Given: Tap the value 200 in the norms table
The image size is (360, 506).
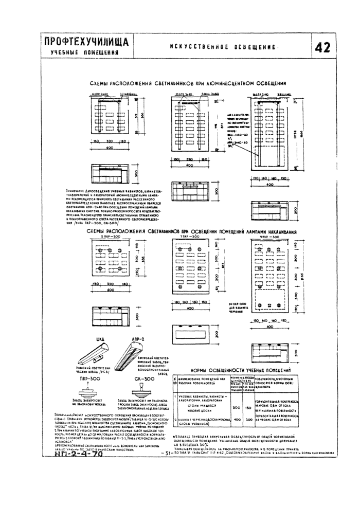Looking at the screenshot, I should pyautogui.click(x=249, y=420).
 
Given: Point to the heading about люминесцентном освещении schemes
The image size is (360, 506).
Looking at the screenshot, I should pyautogui.click(x=188, y=83).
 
